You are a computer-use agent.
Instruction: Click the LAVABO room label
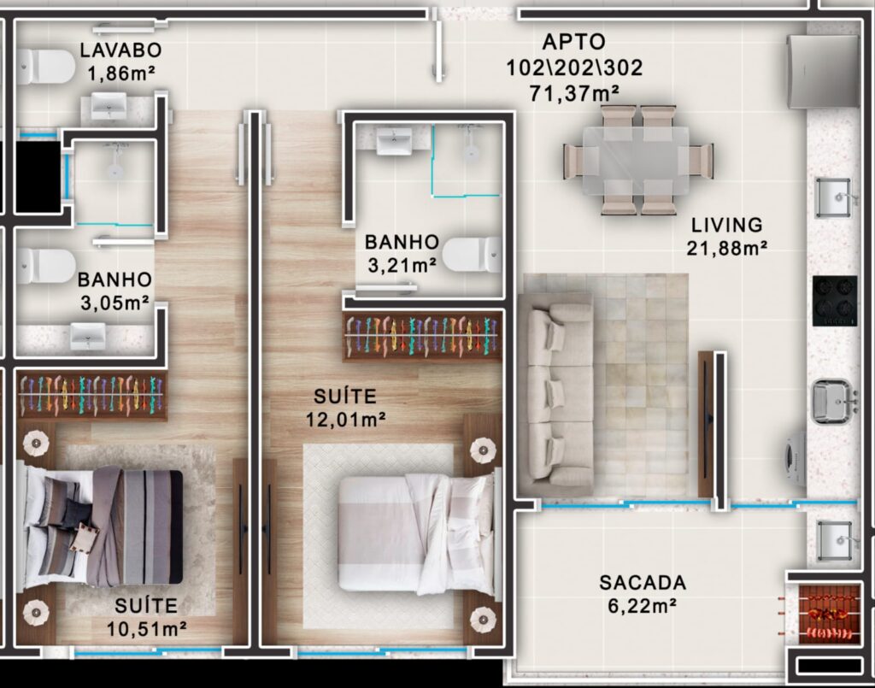(120, 50)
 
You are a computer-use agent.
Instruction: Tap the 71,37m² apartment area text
(574, 92)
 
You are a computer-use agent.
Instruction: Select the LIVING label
(727, 225)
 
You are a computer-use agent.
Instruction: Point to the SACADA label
(643, 583)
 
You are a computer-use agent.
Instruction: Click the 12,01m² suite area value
(346, 419)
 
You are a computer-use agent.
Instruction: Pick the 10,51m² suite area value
(147, 629)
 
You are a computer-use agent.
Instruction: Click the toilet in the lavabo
(44, 67)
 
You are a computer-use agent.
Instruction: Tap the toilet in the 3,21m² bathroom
(475, 255)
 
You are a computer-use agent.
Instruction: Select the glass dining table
(636, 160)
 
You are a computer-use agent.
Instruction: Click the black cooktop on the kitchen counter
(835, 301)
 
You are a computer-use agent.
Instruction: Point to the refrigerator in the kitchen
(823, 72)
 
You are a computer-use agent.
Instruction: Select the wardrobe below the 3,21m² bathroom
(422, 336)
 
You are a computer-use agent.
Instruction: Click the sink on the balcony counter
(834, 540)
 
